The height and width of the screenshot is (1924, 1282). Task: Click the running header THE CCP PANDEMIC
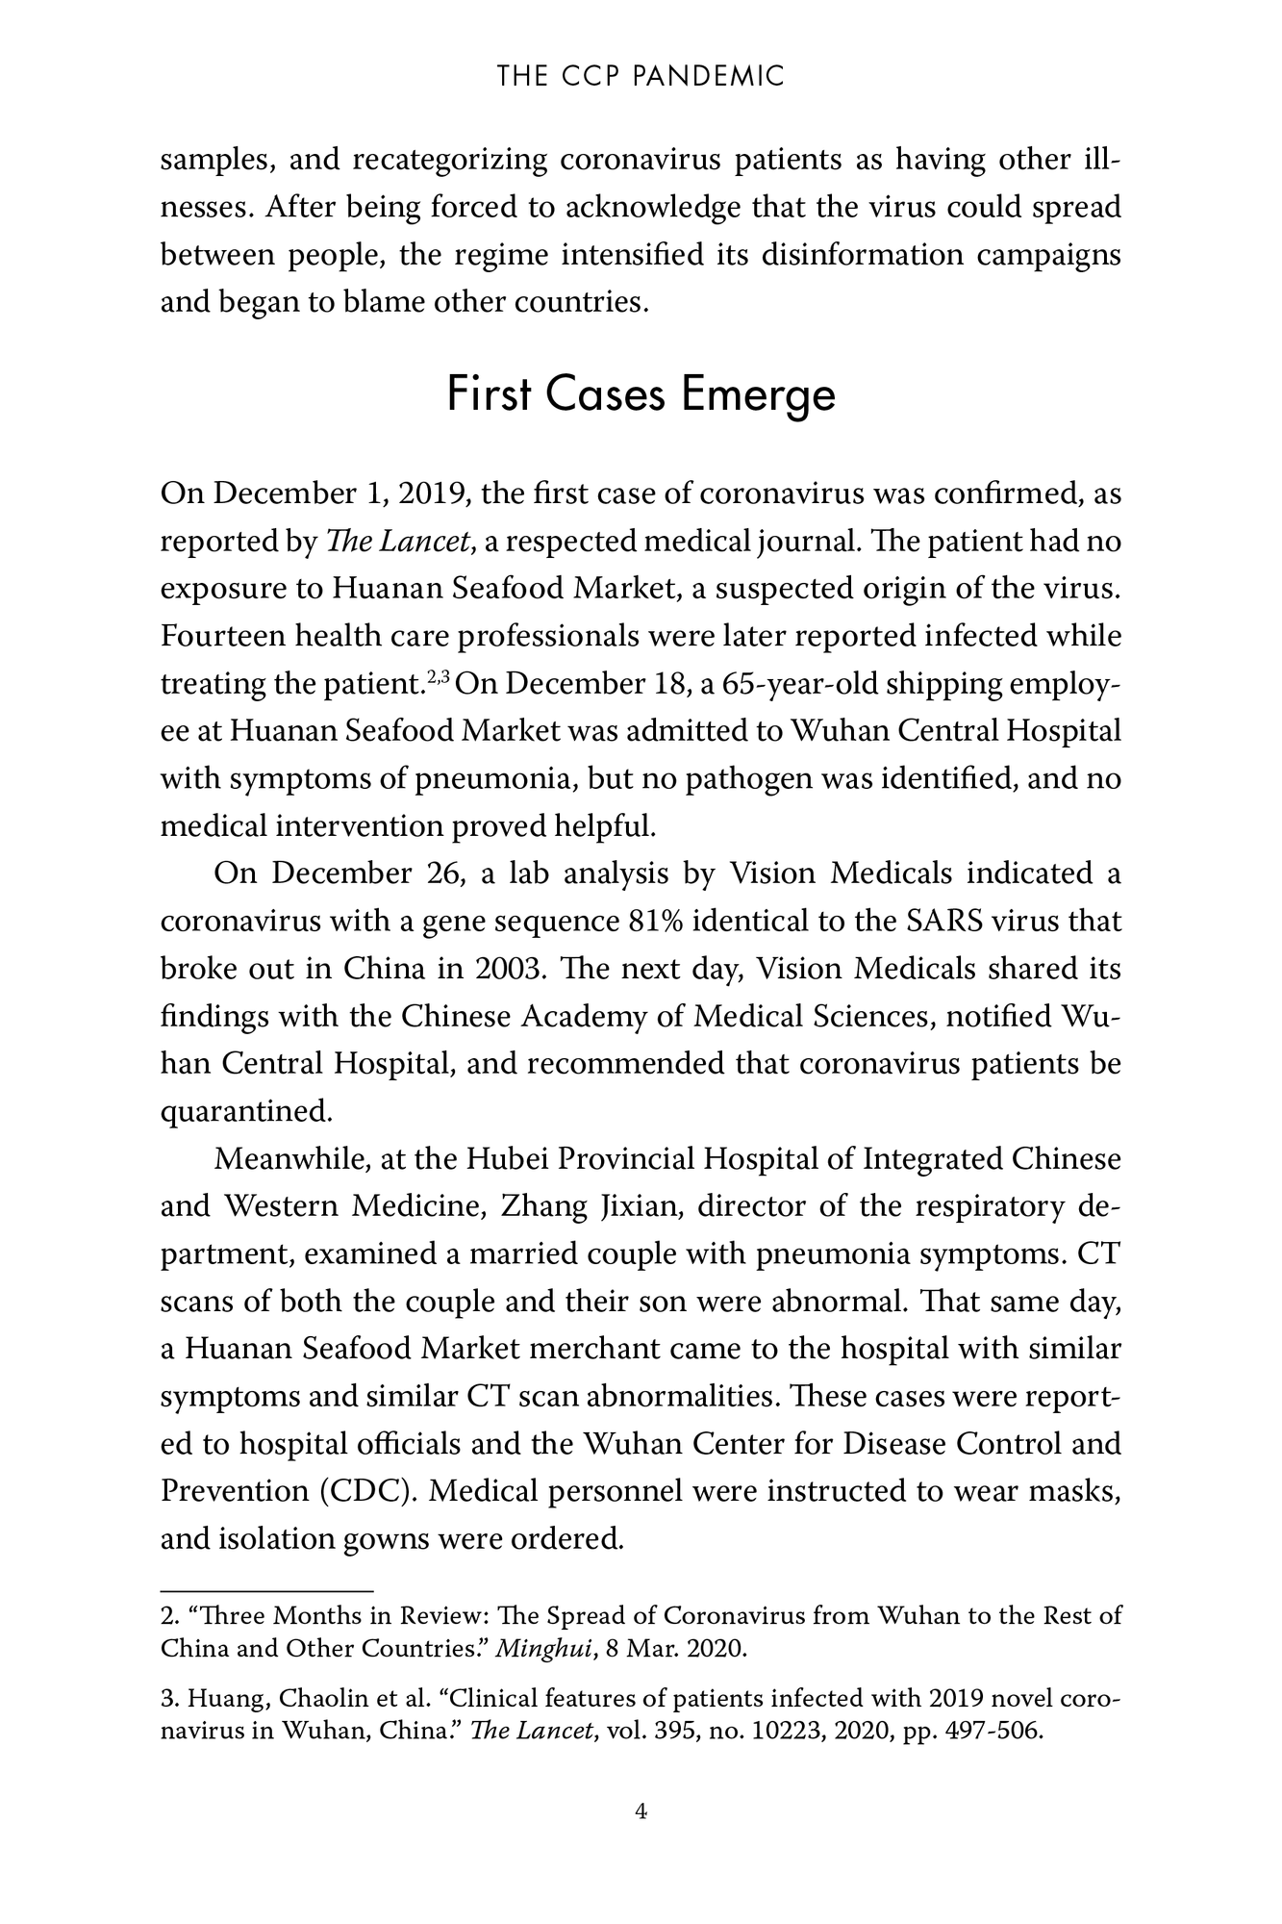click(641, 76)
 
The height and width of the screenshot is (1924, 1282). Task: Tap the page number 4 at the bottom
click(641, 1811)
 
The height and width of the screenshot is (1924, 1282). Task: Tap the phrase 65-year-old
click(796, 683)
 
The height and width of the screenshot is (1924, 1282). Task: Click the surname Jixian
click(640, 1205)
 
